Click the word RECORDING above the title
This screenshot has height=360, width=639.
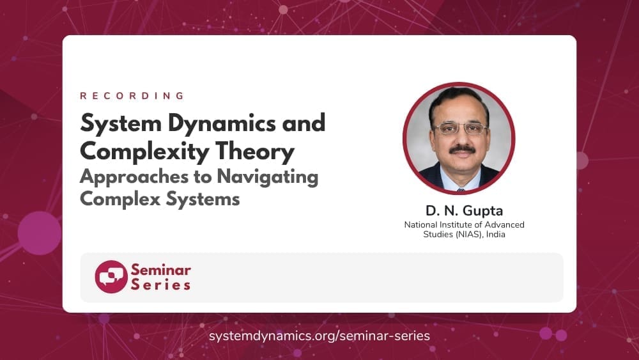[132, 96]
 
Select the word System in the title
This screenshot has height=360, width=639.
[121, 124]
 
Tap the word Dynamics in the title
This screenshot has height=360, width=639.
[222, 124]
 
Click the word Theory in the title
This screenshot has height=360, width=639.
[255, 152]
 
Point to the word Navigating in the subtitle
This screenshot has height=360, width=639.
[267, 177]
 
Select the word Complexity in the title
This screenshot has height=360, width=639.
[144, 152]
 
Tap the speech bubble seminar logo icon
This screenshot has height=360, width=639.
[111, 277]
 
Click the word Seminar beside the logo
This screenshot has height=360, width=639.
[160, 270]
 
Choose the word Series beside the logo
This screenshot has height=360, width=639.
[160, 285]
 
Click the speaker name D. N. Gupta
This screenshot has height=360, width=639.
[464, 211]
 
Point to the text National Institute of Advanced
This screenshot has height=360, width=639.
[464, 224]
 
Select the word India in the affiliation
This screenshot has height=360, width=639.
[496, 235]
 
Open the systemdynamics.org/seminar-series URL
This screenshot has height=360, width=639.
[319, 336]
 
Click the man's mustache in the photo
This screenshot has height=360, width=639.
[462, 150]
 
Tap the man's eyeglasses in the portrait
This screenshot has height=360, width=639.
[461, 129]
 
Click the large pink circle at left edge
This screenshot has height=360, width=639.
[40, 233]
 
